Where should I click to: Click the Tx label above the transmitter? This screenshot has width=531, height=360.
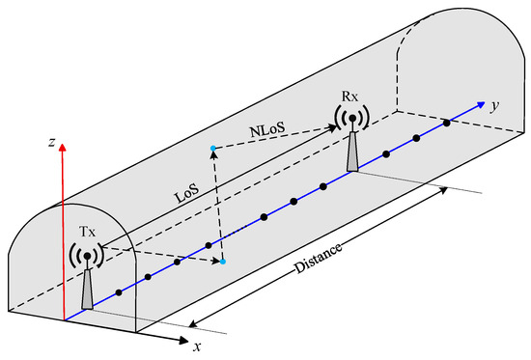click(87, 232)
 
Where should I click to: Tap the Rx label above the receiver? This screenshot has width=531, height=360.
click(349, 97)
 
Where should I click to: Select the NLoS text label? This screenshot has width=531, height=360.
click(267, 129)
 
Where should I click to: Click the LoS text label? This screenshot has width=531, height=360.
click(186, 193)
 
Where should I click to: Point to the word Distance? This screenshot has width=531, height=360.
click(318, 259)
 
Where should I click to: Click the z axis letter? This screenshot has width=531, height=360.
click(51, 142)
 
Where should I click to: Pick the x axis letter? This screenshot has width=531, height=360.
click(197, 346)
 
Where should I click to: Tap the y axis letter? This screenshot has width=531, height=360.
click(495, 106)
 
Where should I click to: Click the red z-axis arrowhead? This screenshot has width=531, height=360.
click(62, 147)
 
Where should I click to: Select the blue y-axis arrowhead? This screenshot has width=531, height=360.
click(481, 104)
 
